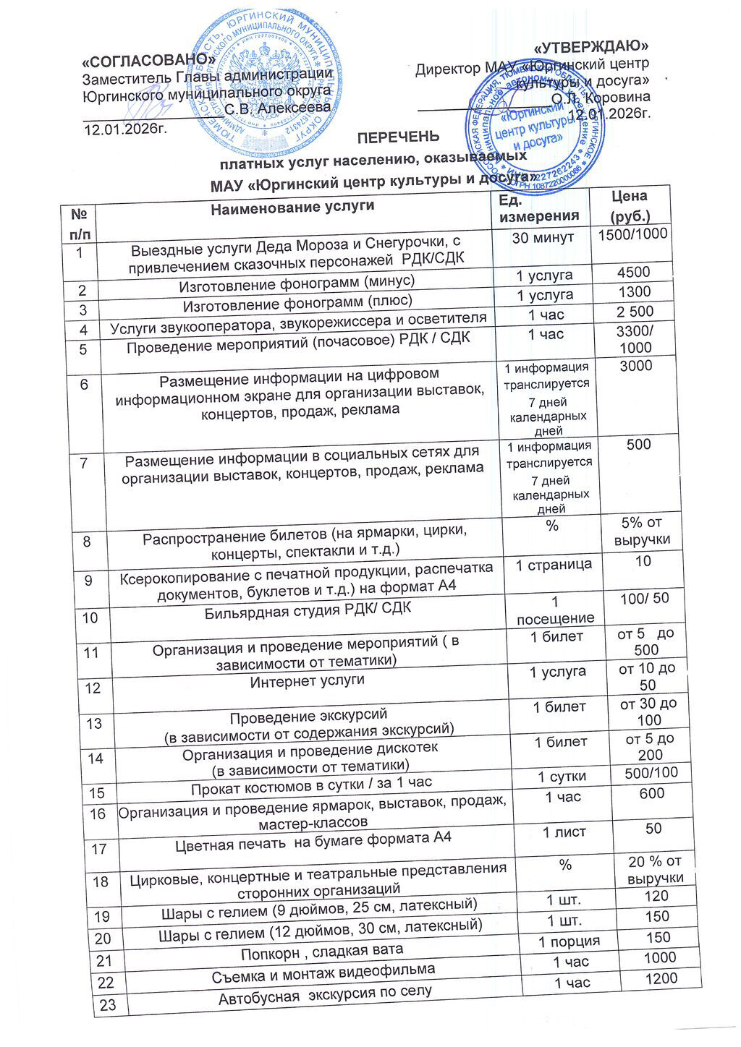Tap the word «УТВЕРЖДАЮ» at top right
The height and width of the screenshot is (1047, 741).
(x=589, y=48)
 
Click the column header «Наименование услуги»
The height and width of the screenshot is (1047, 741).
(x=292, y=208)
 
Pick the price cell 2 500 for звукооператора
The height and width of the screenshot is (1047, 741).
(x=633, y=312)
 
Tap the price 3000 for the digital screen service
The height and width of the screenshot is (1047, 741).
(x=636, y=366)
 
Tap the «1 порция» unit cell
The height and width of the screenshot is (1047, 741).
(x=569, y=941)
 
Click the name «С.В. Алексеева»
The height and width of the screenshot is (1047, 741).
(x=278, y=108)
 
